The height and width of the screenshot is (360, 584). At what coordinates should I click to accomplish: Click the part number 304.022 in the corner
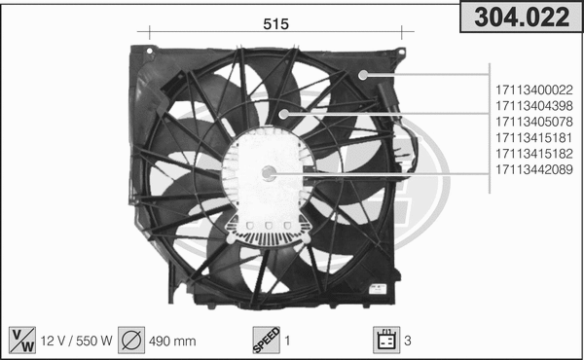pyautogui.click(x=520, y=18)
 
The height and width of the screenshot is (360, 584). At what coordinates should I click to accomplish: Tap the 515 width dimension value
pyautogui.click(x=275, y=26)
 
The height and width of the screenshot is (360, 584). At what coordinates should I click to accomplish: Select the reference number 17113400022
pyautogui.click(x=533, y=90)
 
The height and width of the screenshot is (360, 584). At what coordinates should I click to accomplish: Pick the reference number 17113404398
pyautogui.click(x=533, y=106)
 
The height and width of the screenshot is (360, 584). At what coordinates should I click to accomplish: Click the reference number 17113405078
pyautogui.click(x=533, y=122)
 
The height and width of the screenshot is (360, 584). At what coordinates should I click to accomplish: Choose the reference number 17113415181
pyautogui.click(x=533, y=137)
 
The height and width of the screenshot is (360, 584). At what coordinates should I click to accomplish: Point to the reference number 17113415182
pyautogui.click(x=533, y=153)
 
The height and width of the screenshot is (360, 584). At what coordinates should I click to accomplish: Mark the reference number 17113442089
pyautogui.click(x=533, y=168)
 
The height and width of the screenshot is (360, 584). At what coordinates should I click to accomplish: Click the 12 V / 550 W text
pyautogui.click(x=76, y=342)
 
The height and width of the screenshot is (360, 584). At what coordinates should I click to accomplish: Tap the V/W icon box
pyautogui.click(x=18, y=340)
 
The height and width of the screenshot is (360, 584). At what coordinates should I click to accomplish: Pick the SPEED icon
pyautogui.click(x=265, y=340)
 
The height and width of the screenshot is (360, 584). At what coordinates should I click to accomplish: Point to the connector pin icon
pyautogui.click(x=385, y=340)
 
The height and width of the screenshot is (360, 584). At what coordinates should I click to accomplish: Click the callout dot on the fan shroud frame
pyautogui.click(x=363, y=75)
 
